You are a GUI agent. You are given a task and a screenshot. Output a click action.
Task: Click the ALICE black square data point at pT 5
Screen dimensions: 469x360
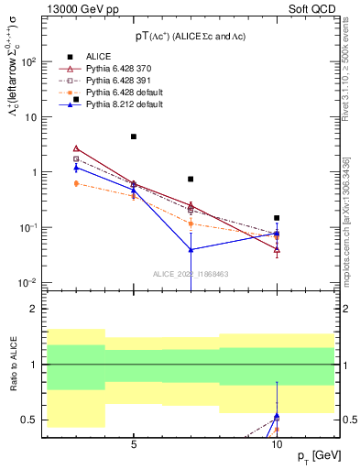pyautogui.click(x=134, y=136)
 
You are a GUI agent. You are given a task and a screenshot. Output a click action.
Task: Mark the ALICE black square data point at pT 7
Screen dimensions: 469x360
pyautogui.click(x=191, y=180)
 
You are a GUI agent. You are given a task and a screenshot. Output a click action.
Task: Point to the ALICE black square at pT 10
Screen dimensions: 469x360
pyautogui.click(x=277, y=218)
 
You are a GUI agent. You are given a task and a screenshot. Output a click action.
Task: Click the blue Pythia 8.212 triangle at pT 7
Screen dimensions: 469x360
pyautogui.click(x=191, y=249)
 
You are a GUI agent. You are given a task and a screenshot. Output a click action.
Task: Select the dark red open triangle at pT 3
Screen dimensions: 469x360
pyautogui.click(x=76, y=148)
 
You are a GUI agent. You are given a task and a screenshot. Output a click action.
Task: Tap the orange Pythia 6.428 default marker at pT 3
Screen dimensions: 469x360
pyautogui.click(x=76, y=183)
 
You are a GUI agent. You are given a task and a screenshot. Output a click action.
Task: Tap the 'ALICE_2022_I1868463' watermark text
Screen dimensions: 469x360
pyautogui.click(x=191, y=273)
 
